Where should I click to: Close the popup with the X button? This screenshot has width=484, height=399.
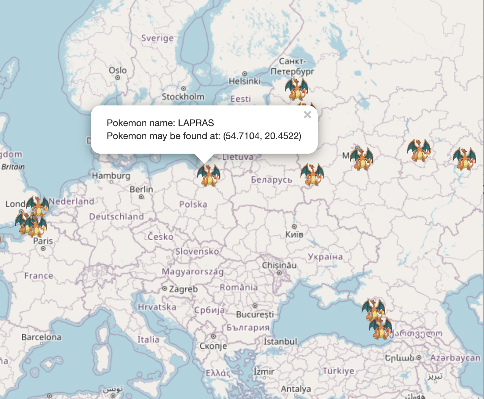[308, 114]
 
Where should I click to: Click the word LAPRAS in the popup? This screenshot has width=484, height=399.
[196, 123]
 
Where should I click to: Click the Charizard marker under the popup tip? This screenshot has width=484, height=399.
[208, 175]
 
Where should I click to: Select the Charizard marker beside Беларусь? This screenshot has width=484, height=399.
[312, 174]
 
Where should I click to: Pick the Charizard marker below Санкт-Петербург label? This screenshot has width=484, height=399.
[297, 89]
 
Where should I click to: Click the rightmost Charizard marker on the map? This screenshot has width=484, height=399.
[464, 159]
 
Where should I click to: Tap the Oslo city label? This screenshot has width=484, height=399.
[118, 70]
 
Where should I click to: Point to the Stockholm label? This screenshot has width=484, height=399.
[183, 96]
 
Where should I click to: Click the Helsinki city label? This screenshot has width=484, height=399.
[244, 81]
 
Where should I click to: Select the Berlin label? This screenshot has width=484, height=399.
[141, 189]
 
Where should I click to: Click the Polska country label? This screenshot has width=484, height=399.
[193, 204]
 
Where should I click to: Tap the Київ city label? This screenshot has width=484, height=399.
[294, 234]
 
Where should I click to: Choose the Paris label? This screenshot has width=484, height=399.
[43, 241]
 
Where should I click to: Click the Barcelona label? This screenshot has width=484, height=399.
[41, 337]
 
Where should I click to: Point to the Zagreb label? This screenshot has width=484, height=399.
[183, 289]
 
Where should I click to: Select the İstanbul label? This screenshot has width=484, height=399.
[280, 342]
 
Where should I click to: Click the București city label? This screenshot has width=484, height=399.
[255, 314]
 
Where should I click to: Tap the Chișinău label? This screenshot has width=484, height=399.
[279, 265]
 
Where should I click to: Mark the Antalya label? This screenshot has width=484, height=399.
[296, 389]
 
